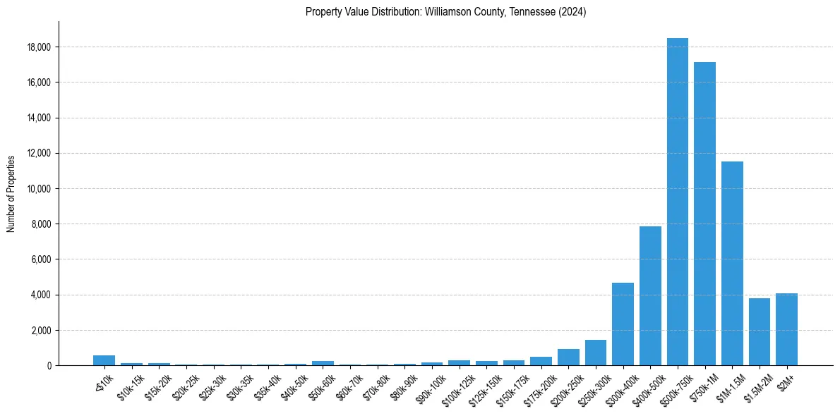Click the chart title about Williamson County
(x=445, y=12)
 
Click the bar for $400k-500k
(x=650, y=295)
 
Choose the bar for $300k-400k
(x=623, y=324)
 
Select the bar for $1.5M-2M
(x=760, y=331)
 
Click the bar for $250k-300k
(x=595, y=353)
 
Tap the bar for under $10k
(x=104, y=360)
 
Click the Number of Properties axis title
(x=11, y=193)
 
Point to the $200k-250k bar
(x=568, y=357)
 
